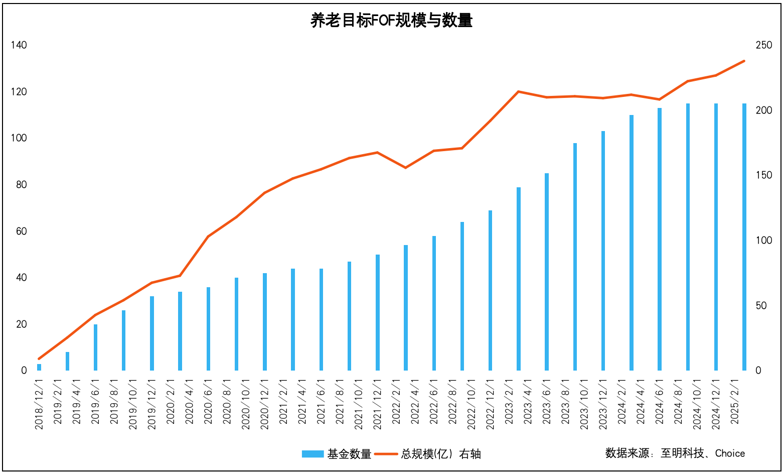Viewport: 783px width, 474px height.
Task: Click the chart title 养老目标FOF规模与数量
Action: (391, 21)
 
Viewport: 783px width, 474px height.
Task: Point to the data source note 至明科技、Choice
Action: (702, 453)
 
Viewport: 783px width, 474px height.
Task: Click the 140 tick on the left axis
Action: (19, 45)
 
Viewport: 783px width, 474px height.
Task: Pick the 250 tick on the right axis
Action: (764, 45)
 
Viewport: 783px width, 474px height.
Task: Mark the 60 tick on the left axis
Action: (21, 231)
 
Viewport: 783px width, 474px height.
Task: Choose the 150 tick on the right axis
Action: (764, 175)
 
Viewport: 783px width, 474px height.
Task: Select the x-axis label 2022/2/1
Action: (396, 402)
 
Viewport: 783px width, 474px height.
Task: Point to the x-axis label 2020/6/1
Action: (209, 402)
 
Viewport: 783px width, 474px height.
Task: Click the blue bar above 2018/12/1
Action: (39, 367)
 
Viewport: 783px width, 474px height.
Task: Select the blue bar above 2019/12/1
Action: (152, 333)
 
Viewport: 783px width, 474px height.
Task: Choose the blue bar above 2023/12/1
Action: (603, 251)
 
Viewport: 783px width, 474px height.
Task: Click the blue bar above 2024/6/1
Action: (660, 239)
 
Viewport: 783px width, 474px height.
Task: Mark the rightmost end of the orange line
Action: (744, 61)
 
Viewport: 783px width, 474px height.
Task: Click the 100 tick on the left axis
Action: (19, 138)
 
